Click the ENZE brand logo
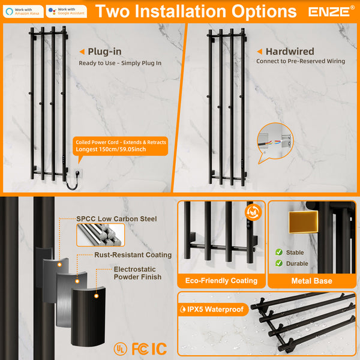pyautogui.click(x=329, y=11)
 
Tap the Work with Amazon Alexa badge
pyautogui.click(x=23, y=11)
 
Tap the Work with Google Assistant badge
pyautogui.click(x=66, y=11)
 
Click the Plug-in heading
pyautogui.click(x=106, y=52)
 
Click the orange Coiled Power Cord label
pyautogui.click(x=120, y=146)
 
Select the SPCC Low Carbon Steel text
pyautogui.click(x=116, y=219)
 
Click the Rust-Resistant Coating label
pyautogui.click(x=133, y=255)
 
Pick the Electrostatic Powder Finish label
pyautogui.click(x=137, y=273)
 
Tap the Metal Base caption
pyautogui.click(x=311, y=280)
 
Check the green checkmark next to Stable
pyautogui.click(x=278, y=253)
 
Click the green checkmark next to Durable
pyautogui.click(x=278, y=263)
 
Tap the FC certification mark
pyautogui.click(x=140, y=348)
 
